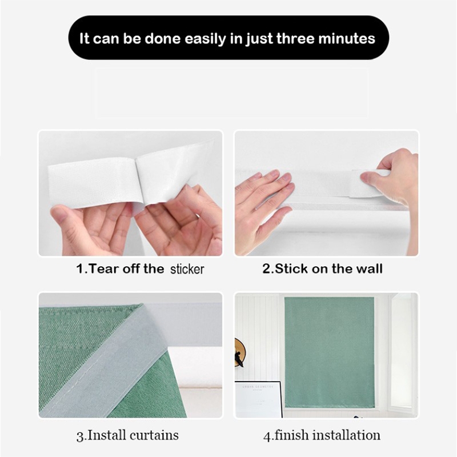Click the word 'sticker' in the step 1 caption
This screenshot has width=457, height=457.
click(x=187, y=269)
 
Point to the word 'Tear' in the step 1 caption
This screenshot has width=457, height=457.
click(x=104, y=268)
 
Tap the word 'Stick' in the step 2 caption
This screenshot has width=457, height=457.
click(x=291, y=268)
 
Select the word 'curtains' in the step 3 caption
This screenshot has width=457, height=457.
click(x=154, y=435)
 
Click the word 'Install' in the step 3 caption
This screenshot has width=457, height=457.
click(x=107, y=435)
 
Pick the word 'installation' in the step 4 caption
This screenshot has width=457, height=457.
click(x=346, y=435)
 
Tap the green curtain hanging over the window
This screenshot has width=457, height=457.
click(x=330, y=352)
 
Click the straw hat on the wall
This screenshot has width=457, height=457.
click(x=239, y=352)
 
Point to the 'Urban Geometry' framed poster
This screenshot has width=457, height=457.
click(x=258, y=399)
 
